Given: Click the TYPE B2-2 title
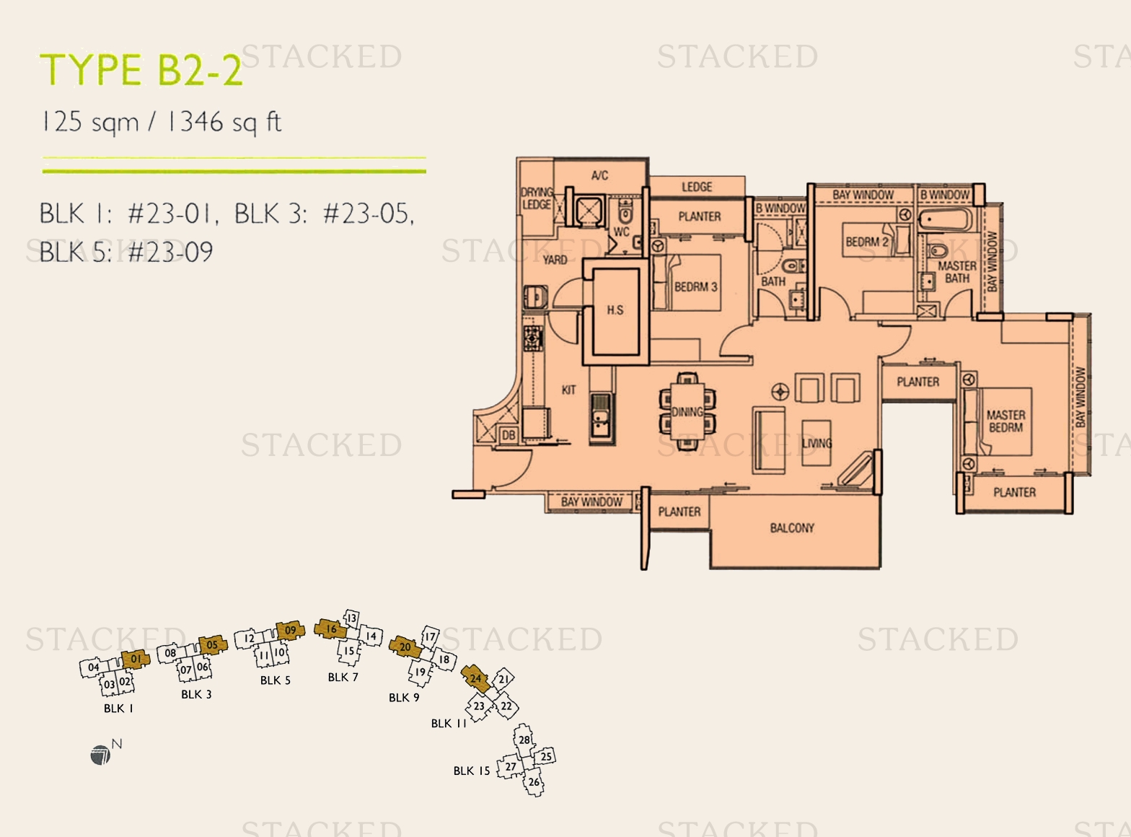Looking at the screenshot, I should pyautogui.click(x=141, y=71).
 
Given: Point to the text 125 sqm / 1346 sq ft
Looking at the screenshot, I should pyautogui.click(x=162, y=122).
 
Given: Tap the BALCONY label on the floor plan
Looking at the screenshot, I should pyautogui.click(x=792, y=528).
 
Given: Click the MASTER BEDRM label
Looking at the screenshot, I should pyautogui.click(x=1005, y=421).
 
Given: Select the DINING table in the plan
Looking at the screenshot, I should pyautogui.click(x=687, y=411).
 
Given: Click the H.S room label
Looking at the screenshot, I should pyautogui.click(x=615, y=310).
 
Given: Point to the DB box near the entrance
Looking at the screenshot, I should pyautogui.click(x=509, y=435).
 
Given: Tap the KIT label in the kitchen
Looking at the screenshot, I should pyautogui.click(x=568, y=390).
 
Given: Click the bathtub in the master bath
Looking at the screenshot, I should pyautogui.click(x=946, y=219).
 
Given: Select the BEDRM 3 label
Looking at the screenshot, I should pyautogui.click(x=695, y=286).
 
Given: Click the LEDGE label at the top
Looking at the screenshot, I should pyautogui.click(x=697, y=187).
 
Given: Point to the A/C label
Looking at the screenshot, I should pyautogui.click(x=599, y=175).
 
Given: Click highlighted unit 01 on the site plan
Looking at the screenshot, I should pyautogui.click(x=136, y=659).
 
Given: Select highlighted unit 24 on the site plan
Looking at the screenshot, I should pyautogui.click(x=475, y=678).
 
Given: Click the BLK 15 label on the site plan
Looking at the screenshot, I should pyautogui.click(x=472, y=771).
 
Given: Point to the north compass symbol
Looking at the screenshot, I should pyautogui.click(x=101, y=755).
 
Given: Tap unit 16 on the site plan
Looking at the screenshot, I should pyautogui.click(x=331, y=629).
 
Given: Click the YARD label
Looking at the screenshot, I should pyautogui.click(x=555, y=260).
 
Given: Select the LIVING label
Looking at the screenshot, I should pyautogui.click(x=817, y=443).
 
